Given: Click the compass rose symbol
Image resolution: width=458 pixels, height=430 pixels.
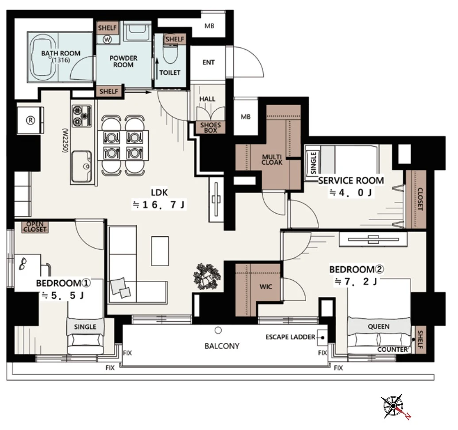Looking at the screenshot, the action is click(x=393, y=406).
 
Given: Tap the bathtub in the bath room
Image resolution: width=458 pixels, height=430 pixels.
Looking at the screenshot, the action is click(x=43, y=58).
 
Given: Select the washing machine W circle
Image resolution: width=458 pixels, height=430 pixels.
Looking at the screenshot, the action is click(x=108, y=39).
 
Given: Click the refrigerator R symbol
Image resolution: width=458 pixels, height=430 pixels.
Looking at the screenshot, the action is click(x=31, y=120).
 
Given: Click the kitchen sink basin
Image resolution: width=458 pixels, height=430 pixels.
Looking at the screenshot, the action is click(x=81, y=166).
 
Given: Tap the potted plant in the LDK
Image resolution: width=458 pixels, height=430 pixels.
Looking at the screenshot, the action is click(x=207, y=276).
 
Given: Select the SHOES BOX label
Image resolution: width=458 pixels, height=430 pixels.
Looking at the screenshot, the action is click(x=210, y=127).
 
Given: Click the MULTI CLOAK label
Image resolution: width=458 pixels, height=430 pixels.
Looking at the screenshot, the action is click(x=272, y=160).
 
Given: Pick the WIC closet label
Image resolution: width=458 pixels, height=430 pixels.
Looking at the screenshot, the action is click(x=266, y=287).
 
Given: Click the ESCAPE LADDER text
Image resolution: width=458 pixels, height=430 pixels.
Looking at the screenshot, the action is click(x=290, y=337).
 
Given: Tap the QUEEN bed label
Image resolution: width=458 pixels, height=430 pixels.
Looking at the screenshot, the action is click(x=378, y=326).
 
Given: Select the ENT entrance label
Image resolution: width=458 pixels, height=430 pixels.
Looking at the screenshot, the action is click(x=208, y=62).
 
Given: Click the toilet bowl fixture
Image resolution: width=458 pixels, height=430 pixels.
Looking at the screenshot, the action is click(x=170, y=54).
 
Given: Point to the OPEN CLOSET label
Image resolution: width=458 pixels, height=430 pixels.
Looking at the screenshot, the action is click(x=35, y=227).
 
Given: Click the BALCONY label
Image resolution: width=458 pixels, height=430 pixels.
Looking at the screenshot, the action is click(x=222, y=346).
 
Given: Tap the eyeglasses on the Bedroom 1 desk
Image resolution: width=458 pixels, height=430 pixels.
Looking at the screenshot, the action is click(x=23, y=264).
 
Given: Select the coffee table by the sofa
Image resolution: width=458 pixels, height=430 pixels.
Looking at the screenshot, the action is click(x=160, y=251).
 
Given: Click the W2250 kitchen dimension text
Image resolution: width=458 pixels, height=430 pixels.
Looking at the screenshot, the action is click(x=65, y=140).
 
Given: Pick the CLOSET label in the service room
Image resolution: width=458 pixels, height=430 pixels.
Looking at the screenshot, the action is click(x=420, y=199).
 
